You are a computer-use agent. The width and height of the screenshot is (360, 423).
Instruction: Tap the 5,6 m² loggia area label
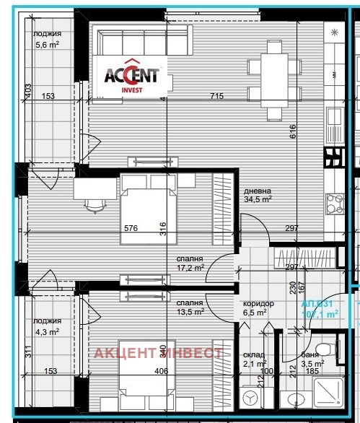click(48, 38)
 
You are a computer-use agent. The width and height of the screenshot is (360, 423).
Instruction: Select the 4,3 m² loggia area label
click(48, 326)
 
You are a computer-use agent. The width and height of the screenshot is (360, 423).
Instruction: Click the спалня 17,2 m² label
click(190, 263)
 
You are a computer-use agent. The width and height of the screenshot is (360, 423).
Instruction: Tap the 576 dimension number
click(131, 228)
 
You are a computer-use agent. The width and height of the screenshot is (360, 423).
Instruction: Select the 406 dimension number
click(160, 372)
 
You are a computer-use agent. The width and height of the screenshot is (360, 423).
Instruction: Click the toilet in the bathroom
click(329, 350)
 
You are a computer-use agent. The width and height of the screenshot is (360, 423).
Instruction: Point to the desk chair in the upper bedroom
click(95, 205)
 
